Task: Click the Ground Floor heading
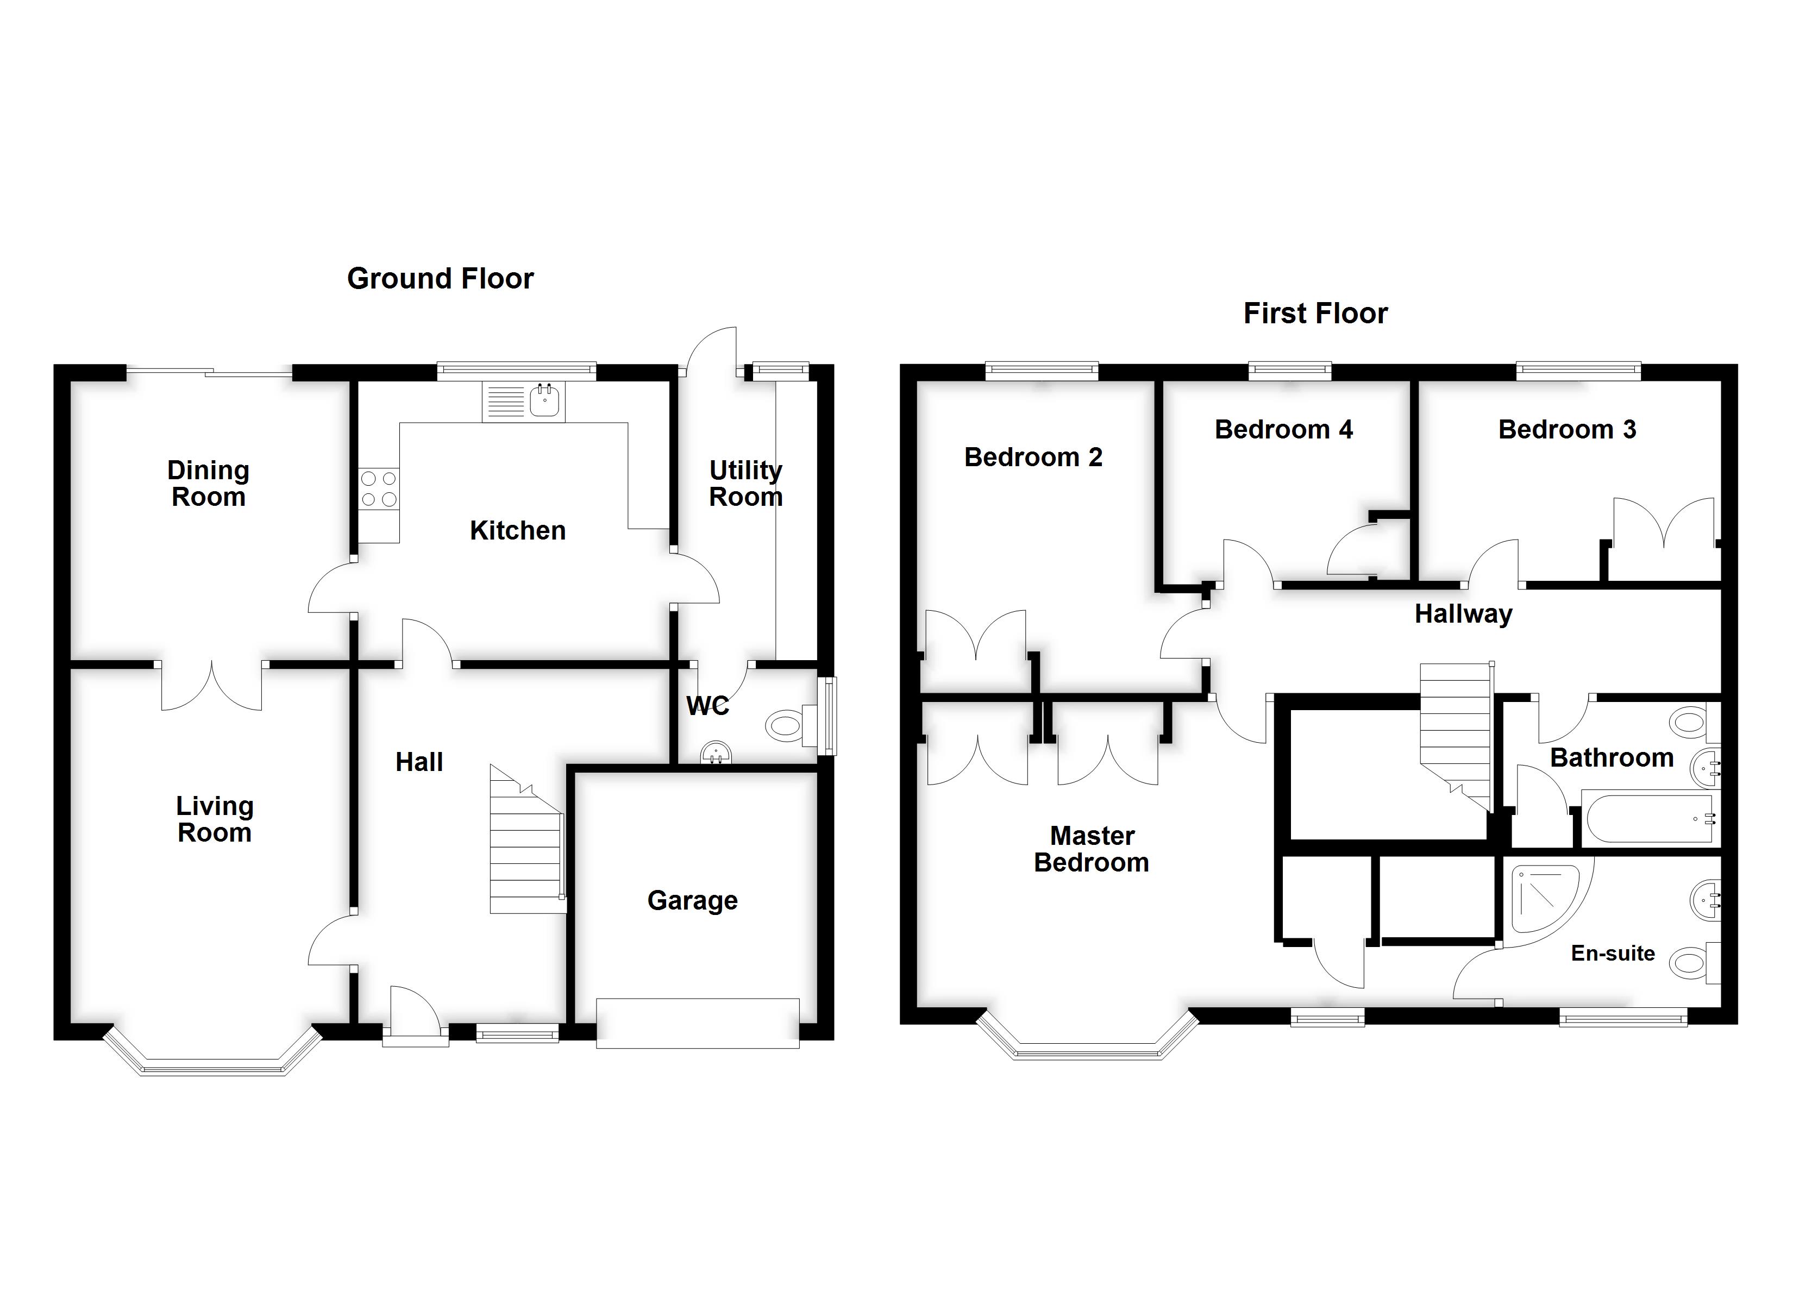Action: [x=440, y=278]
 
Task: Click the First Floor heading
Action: [x=1315, y=313]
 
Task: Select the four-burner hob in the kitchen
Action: [x=379, y=488]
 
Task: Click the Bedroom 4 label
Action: [x=1283, y=429]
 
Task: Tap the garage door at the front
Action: [x=697, y=1024]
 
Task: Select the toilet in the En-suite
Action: [x=1692, y=963]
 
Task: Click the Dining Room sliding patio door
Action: [x=210, y=372]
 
